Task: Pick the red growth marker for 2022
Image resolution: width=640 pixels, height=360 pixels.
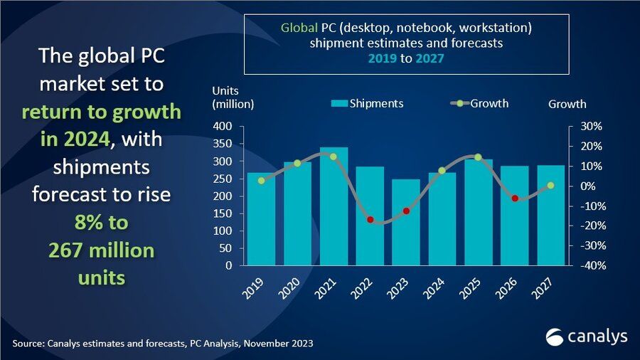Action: [x=370, y=220]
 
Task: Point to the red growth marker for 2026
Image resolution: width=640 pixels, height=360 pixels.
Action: [x=515, y=198]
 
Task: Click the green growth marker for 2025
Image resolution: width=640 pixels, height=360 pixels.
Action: [x=479, y=157]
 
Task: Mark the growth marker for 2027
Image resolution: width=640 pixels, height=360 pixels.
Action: [x=550, y=186]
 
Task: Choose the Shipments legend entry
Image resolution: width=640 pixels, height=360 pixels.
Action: [x=367, y=104]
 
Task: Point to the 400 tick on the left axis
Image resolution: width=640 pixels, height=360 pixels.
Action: [x=223, y=127]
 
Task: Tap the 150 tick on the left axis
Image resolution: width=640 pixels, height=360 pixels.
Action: [x=223, y=213]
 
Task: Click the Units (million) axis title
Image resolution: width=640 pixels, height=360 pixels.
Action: [x=232, y=97]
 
